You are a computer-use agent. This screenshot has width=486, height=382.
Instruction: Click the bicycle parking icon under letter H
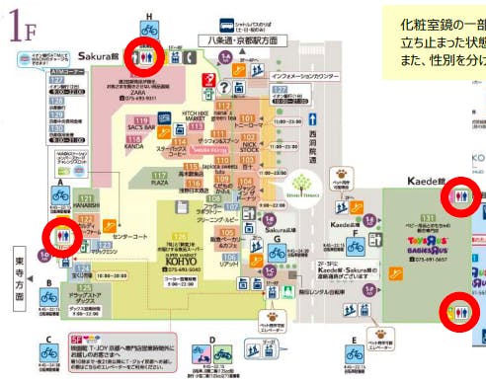tap(149, 29)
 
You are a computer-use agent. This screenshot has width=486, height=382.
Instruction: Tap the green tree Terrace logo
tap(303, 188)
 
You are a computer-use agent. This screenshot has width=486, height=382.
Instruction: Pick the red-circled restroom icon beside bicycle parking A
tap(61, 238)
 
